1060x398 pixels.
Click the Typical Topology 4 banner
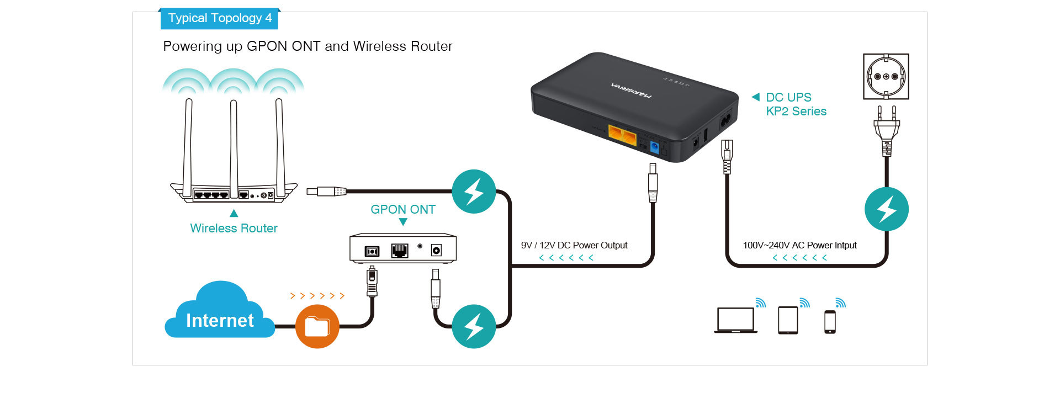tap(219, 18)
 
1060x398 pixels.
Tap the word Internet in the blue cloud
tap(220, 320)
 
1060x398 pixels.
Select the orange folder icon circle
tap(317, 326)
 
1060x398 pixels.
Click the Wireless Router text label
tap(234, 228)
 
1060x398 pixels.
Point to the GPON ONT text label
tap(403, 209)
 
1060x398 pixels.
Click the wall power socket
tap(886, 76)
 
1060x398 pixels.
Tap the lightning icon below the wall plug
tap(887, 209)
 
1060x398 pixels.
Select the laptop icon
tap(736, 320)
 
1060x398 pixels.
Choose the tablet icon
tap(788, 320)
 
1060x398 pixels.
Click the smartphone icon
tap(830, 322)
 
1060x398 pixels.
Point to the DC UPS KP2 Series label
tap(796, 104)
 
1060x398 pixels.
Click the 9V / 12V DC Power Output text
tap(574, 245)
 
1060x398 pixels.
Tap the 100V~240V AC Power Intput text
tap(799, 245)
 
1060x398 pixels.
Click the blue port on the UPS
tap(655, 147)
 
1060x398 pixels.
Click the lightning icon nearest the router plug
tap(474, 192)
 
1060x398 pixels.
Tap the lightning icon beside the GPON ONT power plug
tap(474, 326)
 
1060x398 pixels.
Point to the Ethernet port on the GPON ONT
tap(400, 251)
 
